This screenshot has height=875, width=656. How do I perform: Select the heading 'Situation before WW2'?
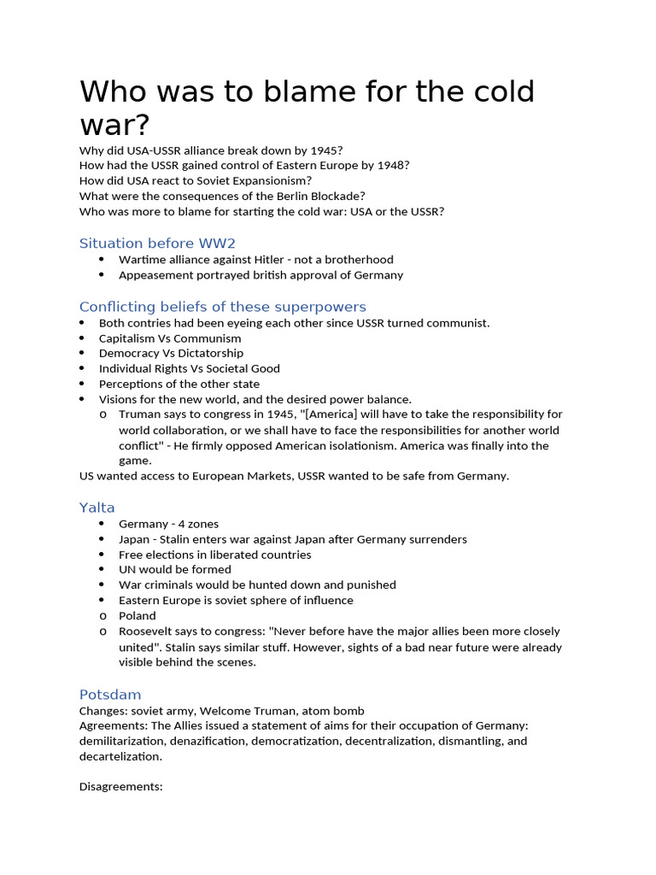click(x=157, y=244)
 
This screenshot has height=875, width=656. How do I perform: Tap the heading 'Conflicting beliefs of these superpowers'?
click(x=222, y=307)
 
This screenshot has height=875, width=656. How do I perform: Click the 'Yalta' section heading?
click(x=97, y=508)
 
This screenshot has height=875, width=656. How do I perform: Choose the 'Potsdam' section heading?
click(x=110, y=695)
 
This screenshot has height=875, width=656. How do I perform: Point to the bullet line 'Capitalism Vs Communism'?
click(x=170, y=338)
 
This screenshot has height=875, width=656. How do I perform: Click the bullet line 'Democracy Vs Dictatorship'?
click(x=171, y=353)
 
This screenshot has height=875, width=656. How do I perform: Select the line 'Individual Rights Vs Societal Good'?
click(x=189, y=368)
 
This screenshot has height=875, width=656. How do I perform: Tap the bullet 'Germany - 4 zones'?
click(x=168, y=524)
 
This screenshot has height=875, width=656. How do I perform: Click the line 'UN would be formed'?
click(x=174, y=569)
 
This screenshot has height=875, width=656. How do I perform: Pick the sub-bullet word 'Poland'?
click(x=138, y=615)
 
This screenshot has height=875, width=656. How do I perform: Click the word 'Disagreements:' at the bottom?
click(x=120, y=786)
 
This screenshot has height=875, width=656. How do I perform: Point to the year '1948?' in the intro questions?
click(x=391, y=166)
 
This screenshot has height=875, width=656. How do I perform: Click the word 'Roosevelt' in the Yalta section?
click(x=146, y=631)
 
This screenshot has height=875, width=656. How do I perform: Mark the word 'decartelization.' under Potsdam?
click(x=120, y=756)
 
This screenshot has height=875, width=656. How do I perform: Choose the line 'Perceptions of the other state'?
click(x=179, y=384)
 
